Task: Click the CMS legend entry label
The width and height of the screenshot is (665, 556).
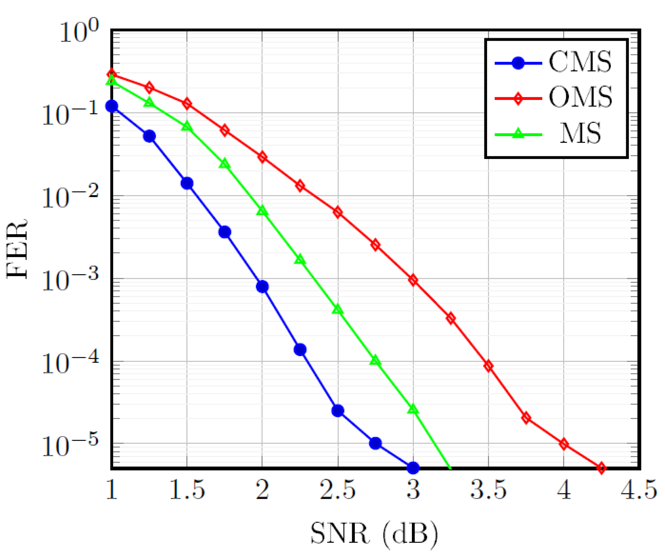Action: tap(580, 62)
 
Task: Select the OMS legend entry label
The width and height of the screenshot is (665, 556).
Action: tap(580, 97)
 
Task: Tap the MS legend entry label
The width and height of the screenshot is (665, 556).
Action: tap(580, 133)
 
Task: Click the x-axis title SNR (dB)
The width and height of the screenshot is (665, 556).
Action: tap(373, 533)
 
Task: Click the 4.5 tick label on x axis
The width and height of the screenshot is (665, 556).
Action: tap(639, 490)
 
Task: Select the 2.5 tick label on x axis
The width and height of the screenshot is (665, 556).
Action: tap(338, 490)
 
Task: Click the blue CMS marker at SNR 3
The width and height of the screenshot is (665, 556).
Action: tap(413, 468)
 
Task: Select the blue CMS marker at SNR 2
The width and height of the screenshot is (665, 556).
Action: tap(262, 286)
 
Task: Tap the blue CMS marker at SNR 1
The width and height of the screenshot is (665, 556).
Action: tap(112, 106)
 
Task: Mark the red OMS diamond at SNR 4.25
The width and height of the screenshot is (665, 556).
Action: tap(601, 468)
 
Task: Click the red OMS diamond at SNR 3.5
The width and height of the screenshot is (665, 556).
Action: tap(488, 366)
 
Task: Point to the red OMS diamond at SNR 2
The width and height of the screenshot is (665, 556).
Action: tap(262, 157)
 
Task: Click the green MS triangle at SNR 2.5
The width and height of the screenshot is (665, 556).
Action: tap(338, 310)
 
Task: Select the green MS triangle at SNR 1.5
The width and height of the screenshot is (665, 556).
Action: tap(187, 126)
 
